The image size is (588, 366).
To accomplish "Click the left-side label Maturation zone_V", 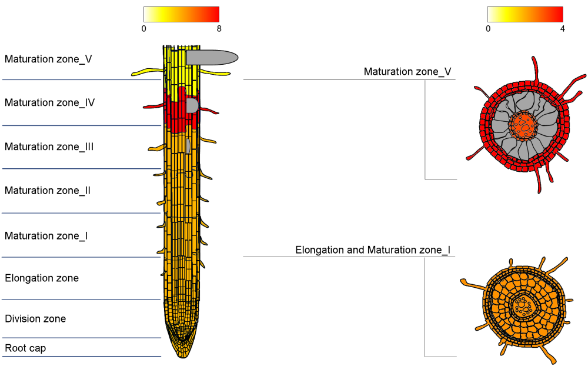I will click(48, 59).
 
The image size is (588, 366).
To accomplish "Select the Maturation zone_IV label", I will click(50, 103).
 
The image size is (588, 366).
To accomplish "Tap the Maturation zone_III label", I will click(49, 147).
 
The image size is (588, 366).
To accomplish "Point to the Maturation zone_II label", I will click(48, 191).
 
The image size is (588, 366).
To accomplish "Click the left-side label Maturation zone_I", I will click(46, 236).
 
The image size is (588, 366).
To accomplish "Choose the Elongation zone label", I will click(42, 278).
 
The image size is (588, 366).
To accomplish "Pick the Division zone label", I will click(35, 319).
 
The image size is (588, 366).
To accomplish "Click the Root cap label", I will click(25, 348).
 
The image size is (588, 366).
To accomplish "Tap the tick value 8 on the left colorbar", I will click(219, 28).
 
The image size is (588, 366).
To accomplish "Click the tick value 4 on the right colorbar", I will click(563, 28).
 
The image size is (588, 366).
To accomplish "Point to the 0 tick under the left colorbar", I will click(144, 28).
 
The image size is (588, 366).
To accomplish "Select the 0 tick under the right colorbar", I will click(488, 28).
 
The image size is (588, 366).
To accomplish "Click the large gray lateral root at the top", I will click(212, 57).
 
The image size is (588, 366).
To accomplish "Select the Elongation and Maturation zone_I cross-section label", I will click(373, 251).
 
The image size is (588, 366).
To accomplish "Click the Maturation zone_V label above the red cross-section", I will click(407, 72).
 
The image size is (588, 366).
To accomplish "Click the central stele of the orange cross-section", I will click(522, 305).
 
